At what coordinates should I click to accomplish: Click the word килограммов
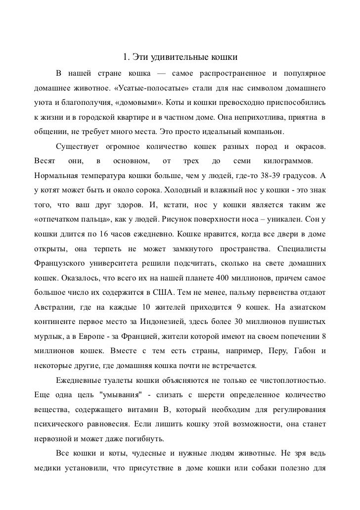point(287,161)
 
